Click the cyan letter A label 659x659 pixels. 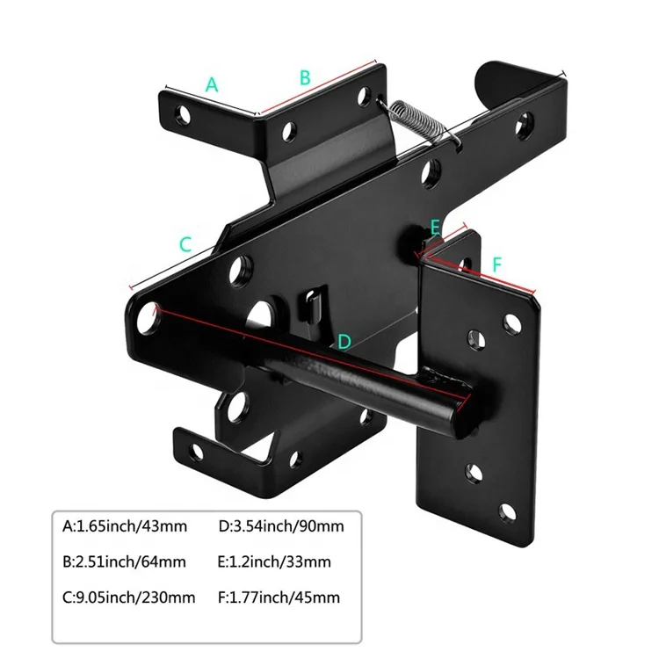[211, 85]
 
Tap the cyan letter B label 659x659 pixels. [305, 77]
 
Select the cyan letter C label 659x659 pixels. [185, 245]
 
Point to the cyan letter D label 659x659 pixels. [344, 340]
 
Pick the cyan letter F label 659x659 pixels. [496, 263]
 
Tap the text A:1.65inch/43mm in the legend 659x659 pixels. [125, 527]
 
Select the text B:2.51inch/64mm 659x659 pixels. [125, 562]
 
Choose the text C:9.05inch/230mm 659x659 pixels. [128, 597]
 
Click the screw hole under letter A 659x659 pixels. [183, 113]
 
